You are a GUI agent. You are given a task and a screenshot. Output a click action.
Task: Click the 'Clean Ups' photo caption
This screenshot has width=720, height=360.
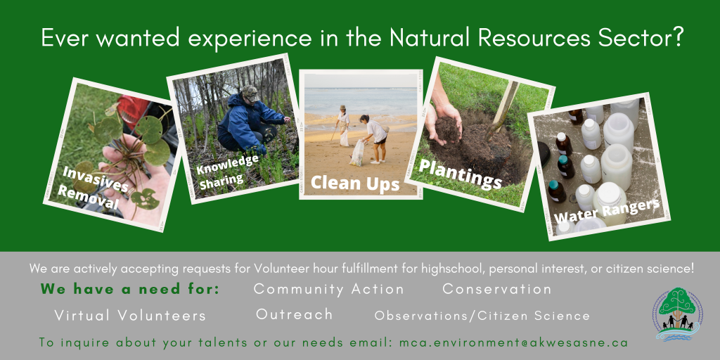pyautogui.click(x=355, y=183)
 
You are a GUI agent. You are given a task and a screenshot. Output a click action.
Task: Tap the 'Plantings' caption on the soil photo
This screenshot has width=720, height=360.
pyautogui.click(x=461, y=174)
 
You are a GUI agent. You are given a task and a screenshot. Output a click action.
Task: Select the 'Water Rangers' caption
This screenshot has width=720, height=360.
pyautogui.click(x=607, y=211)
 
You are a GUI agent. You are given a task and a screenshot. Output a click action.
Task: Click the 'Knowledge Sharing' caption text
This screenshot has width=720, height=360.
pyautogui.click(x=227, y=169)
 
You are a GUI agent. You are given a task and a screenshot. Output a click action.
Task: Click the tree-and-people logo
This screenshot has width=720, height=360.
pyautogui.click(x=677, y=314)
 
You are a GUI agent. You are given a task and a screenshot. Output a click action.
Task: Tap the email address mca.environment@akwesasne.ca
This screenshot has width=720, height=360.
pyautogui.click(x=513, y=342)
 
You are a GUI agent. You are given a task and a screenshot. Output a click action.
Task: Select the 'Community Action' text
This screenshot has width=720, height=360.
pyautogui.click(x=329, y=289)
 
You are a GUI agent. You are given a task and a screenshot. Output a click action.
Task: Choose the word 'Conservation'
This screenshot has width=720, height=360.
pyautogui.click(x=497, y=289)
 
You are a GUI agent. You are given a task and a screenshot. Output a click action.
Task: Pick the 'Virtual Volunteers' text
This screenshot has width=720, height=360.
pyautogui.click(x=130, y=316)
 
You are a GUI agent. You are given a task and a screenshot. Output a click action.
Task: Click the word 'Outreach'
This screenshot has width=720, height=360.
pyautogui.click(x=295, y=314)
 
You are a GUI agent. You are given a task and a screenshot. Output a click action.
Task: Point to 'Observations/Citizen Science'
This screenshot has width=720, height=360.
pyautogui.click(x=482, y=316)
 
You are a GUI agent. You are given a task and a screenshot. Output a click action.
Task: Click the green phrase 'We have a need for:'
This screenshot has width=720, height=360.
pyautogui.click(x=130, y=289)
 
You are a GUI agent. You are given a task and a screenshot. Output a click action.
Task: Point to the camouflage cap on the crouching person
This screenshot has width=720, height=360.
pyautogui.click(x=251, y=94)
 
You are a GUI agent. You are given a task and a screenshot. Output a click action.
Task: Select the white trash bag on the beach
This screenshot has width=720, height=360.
pyautogui.click(x=357, y=153)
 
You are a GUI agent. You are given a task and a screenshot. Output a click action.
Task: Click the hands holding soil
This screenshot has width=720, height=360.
pyautogui.click(x=442, y=122)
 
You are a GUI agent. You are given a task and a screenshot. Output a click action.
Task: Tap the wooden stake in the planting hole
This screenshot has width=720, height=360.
pyautogui.click(x=501, y=110)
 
